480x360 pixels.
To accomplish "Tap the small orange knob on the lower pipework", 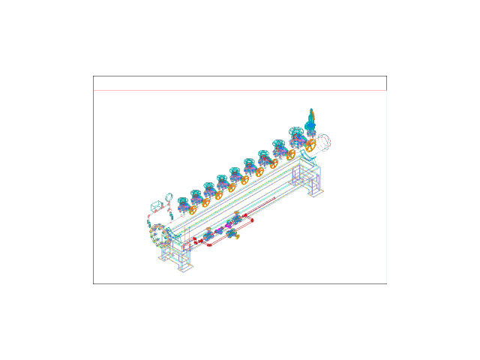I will tap(238, 236).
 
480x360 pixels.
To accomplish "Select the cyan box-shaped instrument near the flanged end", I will tap(155, 205).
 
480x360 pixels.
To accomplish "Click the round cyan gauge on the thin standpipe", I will tap(169, 197).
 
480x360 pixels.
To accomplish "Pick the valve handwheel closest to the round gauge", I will tap(182, 202).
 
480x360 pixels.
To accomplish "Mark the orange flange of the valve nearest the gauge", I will tap(192, 210).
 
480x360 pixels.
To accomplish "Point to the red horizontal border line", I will tap(240, 91).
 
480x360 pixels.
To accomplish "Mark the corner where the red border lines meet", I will tap(386, 91).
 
